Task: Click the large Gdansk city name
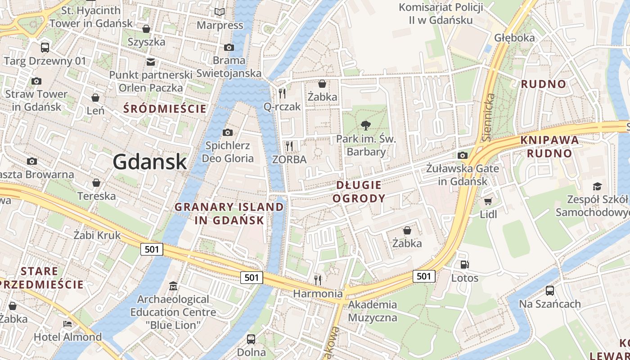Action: tap(149, 162)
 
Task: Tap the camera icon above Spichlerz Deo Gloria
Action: tap(228, 132)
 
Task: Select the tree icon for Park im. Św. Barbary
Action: tap(366, 126)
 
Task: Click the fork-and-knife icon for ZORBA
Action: tap(289, 146)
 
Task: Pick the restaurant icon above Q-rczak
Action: tap(282, 93)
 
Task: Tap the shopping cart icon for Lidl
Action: tap(488, 201)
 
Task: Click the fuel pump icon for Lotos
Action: tap(464, 265)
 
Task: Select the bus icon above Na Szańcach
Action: tap(549, 290)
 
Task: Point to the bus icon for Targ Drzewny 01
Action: tap(45, 47)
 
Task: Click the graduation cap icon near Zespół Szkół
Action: tap(597, 186)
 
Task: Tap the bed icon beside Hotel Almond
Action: tap(67, 324)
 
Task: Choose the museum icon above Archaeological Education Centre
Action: tap(173, 286)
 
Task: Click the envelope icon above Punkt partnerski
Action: tap(150, 62)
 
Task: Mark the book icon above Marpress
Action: tap(220, 12)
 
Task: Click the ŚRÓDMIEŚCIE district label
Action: tap(165, 108)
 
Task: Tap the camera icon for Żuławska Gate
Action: tap(463, 156)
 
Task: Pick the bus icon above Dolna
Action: tap(251, 339)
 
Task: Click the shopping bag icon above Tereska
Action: tap(96, 183)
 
